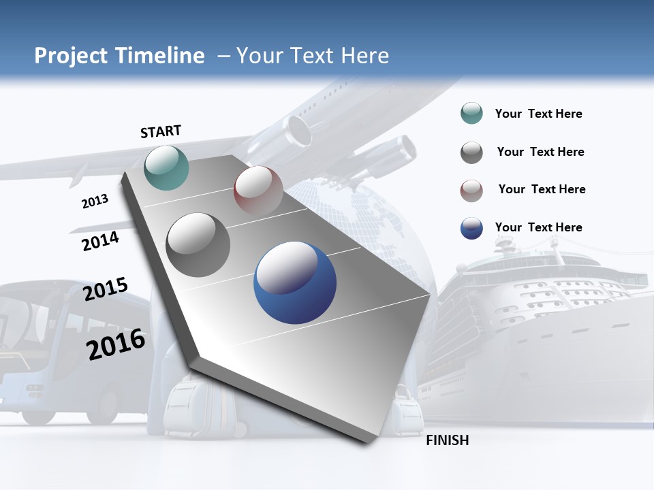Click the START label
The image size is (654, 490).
click(161, 131)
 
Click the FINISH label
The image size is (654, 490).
click(448, 440)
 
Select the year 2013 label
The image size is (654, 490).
click(95, 201)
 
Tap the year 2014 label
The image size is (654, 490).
click(101, 241)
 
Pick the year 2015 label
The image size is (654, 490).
click(106, 289)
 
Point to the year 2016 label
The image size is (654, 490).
click(116, 344)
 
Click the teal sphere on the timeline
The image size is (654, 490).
click(167, 167)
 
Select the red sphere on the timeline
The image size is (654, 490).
click(258, 191)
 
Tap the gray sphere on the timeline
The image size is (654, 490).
click(198, 245)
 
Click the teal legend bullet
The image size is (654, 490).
click(471, 114)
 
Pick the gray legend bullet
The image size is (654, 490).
click(471, 152)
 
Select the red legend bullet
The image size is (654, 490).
click(471, 191)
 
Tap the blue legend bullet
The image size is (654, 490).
click(471, 228)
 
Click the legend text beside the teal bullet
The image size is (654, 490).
click(538, 114)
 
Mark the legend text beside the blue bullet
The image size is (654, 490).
click(538, 227)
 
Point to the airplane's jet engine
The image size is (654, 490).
click(395, 155)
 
